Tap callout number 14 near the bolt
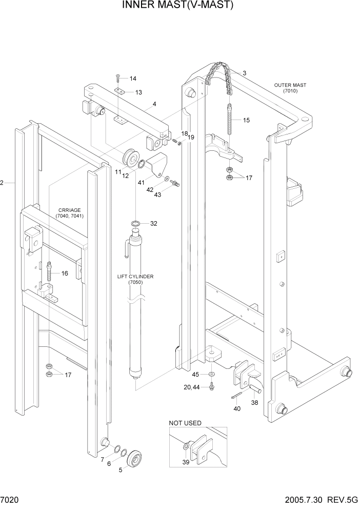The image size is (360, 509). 133,79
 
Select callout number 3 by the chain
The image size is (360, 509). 245,73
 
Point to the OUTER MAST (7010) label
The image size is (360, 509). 290,88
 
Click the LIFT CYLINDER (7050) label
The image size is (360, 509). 135,279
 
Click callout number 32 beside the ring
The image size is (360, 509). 153,224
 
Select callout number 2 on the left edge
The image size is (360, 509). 3,183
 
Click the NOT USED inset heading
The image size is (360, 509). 185,423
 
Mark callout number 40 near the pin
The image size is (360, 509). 236,408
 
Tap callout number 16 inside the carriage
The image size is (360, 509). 65,273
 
